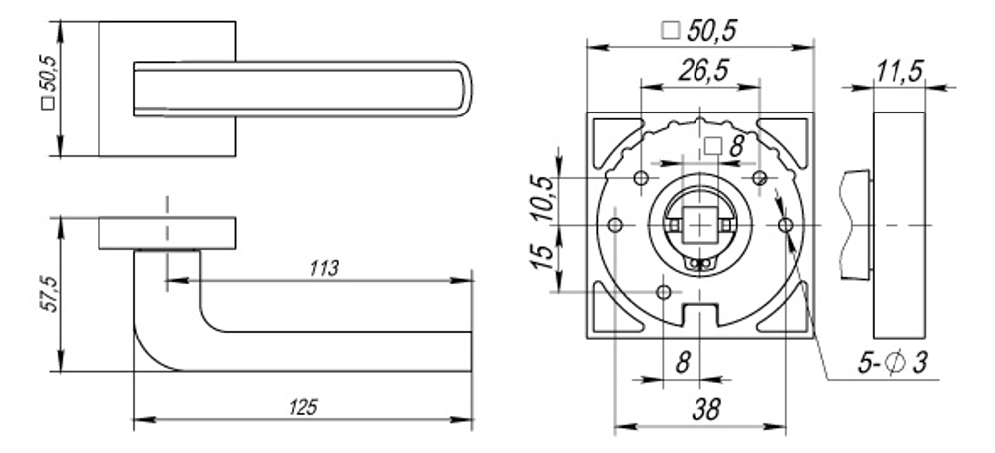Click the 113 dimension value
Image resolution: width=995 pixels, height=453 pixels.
(x=324, y=268)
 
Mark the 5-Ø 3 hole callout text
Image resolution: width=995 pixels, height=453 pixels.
(x=891, y=364)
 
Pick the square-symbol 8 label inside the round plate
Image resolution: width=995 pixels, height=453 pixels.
(x=723, y=147)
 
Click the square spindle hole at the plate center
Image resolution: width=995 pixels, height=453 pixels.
(x=700, y=225)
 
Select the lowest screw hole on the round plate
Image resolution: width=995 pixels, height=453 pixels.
(x=665, y=291)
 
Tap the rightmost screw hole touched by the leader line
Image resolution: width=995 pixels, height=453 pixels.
(x=786, y=226)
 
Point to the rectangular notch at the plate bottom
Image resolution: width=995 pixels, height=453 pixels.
(x=700, y=315)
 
